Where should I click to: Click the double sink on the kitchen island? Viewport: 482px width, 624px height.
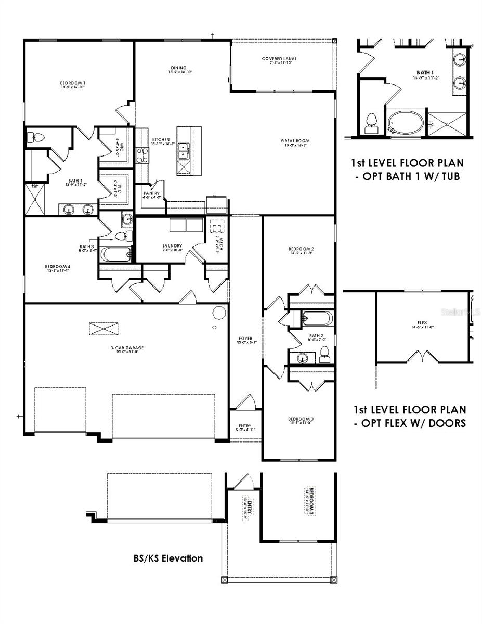pyautogui.click(x=183, y=151)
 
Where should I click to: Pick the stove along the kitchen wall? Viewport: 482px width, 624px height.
pyautogui.click(x=141, y=155)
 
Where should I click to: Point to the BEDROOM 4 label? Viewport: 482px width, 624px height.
pyautogui.click(x=57, y=269)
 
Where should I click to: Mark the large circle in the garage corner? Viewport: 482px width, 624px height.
pyautogui.click(x=219, y=312)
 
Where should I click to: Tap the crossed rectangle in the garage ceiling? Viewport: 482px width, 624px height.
pyautogui.click(x=103, y=330)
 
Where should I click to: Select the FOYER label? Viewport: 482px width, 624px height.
pyautogui.click(x=245, y=340)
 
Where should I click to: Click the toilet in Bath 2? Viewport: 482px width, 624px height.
pyautogui.click(x=325, y=353)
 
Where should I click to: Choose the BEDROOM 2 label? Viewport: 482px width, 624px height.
pyautogui.click(x=301, y=251)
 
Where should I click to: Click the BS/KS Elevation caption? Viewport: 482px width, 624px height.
pyautogui.click(x=167, y=558)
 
